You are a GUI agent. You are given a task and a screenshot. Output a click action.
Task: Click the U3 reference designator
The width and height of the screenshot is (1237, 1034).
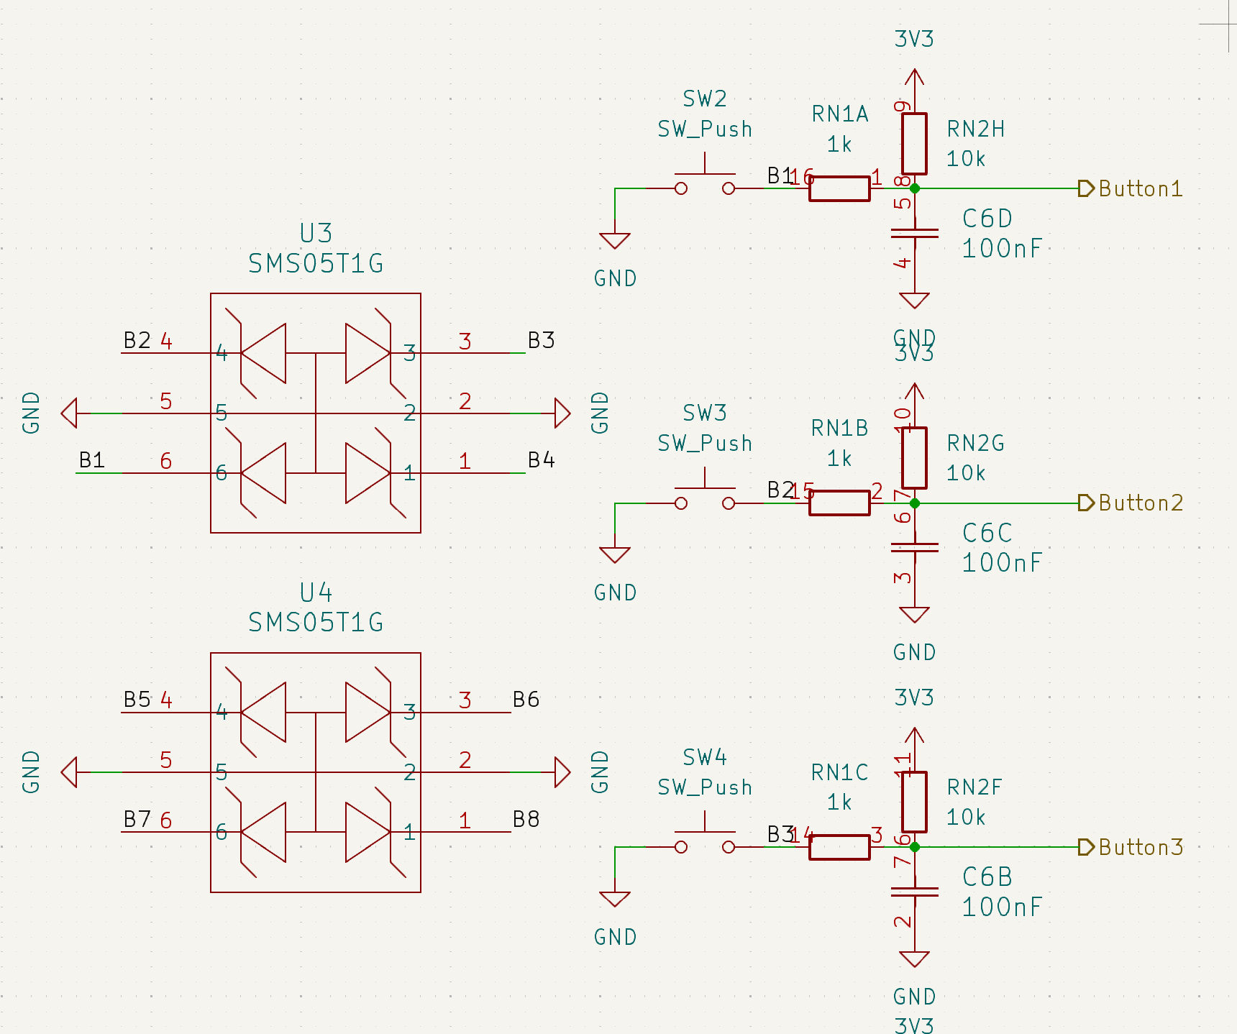coord(316,234)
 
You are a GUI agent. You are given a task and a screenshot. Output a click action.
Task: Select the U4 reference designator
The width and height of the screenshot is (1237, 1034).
coord(316,593)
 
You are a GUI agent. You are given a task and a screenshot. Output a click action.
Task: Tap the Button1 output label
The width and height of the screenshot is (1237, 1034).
coord(1139,188)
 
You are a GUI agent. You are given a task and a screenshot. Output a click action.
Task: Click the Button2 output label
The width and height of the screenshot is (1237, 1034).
coord(1139,503)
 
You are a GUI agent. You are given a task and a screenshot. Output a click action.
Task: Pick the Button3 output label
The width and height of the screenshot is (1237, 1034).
coord(1139,847)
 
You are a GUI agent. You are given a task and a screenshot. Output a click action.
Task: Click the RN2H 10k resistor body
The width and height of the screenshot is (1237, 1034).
coord(914,144)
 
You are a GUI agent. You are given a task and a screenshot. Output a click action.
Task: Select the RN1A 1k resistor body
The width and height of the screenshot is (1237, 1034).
coord(839,188)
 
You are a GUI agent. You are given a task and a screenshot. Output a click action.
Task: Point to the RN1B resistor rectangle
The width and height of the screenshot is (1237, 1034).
coord(839,503)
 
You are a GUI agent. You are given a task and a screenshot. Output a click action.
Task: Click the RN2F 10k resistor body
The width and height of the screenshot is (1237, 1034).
coord(914,802)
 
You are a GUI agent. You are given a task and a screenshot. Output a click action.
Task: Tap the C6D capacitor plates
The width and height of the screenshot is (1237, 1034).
coord(914,233)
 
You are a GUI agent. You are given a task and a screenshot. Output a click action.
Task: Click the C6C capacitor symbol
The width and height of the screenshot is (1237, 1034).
coord(914,547)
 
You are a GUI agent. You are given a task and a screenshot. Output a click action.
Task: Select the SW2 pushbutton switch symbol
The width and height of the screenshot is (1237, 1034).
coord(705,183)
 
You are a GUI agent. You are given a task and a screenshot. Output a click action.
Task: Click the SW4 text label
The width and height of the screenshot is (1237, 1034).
coord(705,757)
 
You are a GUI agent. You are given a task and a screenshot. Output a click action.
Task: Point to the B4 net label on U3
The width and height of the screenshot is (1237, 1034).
coord(541,459)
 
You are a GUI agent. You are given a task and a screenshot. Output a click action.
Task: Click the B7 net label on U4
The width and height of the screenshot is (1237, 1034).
coord(137,819)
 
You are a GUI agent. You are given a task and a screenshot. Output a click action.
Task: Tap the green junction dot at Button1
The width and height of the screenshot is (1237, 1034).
coord(915,188)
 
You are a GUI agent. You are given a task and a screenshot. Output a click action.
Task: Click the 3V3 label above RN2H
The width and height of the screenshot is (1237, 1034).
coord(914,39)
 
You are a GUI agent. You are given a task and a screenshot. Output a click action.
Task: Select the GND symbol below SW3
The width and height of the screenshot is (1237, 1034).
coord(615,554)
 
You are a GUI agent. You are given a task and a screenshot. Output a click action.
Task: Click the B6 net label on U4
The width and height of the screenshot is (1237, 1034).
coord(526,699)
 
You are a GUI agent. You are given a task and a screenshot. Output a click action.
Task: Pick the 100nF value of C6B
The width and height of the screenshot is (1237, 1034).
coord(1002,907)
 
